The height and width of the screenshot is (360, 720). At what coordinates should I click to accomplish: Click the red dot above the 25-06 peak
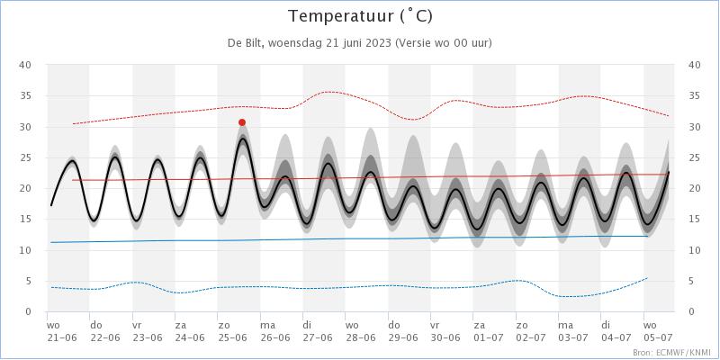click(x=242, y=122)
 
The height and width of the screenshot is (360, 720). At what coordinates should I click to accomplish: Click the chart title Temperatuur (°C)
click(x=360, y=16)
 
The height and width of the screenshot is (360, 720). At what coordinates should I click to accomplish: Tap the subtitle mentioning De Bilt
click(x=360, y=42)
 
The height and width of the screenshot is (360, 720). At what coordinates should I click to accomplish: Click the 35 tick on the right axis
click(x=694, y=96)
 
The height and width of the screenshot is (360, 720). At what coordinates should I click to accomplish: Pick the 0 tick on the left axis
click(x=28, y=311)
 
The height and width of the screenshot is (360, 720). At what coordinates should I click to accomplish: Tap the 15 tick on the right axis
click(x=694, y=220)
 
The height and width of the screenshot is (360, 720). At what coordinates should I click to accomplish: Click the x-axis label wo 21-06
click(x=62, y=331)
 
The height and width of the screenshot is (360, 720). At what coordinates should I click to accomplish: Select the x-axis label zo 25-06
click(x=232, y=331)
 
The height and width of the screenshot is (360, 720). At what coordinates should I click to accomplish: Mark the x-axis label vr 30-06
click(x=445, y=331)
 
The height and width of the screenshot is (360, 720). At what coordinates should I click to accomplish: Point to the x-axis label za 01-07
click(x=489, y=331)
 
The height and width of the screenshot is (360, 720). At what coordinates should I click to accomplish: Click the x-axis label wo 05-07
click(x=656, y=331)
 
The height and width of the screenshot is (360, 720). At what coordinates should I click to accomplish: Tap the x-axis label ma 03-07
click(x=574, y=331)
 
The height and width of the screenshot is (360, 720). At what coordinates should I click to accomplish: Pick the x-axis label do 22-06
click(x=104, y=331)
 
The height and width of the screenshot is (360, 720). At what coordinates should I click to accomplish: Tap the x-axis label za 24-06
click(x=190, y=331)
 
